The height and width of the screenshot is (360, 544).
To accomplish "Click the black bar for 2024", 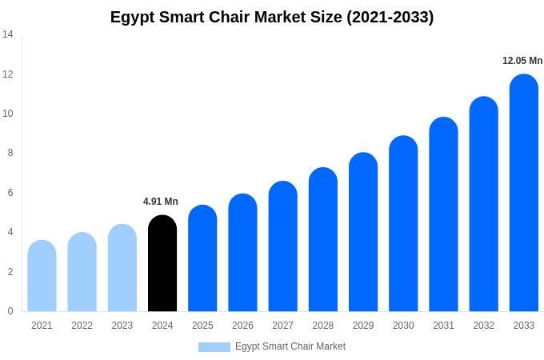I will (162, 264).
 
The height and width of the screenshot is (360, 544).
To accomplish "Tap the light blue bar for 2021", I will (42, 276).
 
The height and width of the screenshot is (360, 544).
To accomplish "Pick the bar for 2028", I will (323, 240).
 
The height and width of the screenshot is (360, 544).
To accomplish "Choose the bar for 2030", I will (403, 224).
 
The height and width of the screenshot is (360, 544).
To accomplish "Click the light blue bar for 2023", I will (122, 268).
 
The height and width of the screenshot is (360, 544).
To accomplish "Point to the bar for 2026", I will (242, 253).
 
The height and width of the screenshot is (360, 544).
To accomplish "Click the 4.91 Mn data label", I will (161, 202).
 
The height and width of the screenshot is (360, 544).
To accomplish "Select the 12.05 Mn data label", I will (522, 61).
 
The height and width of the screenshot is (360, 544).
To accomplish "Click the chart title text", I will (272, 17).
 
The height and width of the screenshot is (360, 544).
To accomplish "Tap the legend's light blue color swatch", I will (214, 347).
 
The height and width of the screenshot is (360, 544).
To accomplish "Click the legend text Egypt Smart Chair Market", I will (290, 346).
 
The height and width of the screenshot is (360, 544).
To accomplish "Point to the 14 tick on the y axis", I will (8, 34).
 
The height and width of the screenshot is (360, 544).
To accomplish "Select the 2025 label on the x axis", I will (202, 326).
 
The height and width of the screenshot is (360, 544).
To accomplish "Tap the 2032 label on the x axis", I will (483, 326).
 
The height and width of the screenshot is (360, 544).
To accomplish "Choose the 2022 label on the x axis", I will (82, 326).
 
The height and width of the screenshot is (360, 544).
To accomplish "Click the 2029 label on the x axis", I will (363, 326).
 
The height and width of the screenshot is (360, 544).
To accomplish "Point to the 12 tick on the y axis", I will (8, 74).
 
